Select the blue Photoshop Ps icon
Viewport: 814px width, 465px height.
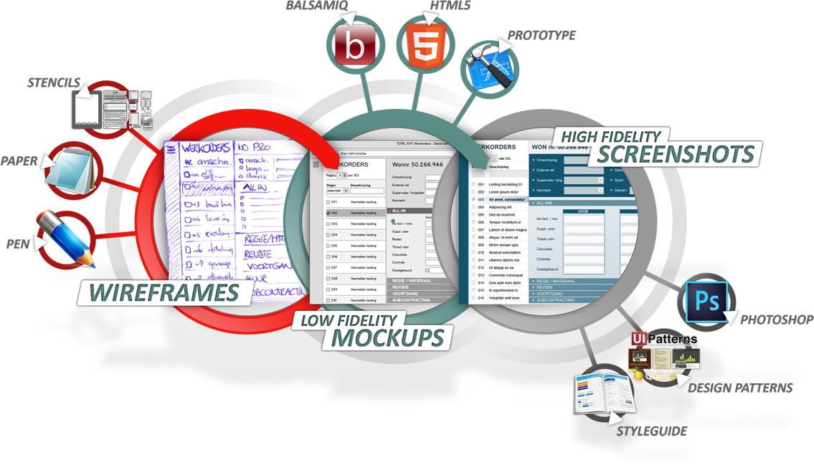(x=706, y=300)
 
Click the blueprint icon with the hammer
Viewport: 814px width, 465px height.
(x=488, y=64)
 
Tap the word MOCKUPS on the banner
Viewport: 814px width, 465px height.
(x=382, y=337)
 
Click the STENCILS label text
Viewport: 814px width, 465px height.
(x=54, y=82)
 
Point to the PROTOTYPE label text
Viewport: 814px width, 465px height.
(x=541, y=35)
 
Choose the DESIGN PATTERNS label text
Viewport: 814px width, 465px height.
(x=740, y=388)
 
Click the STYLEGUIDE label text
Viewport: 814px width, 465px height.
(x=651, y=431)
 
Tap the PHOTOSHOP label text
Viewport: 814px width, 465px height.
(x=777, y=319)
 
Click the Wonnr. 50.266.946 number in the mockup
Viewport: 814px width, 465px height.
(x=417, y=164)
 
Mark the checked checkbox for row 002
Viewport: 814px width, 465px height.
(x=328, y=213)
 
